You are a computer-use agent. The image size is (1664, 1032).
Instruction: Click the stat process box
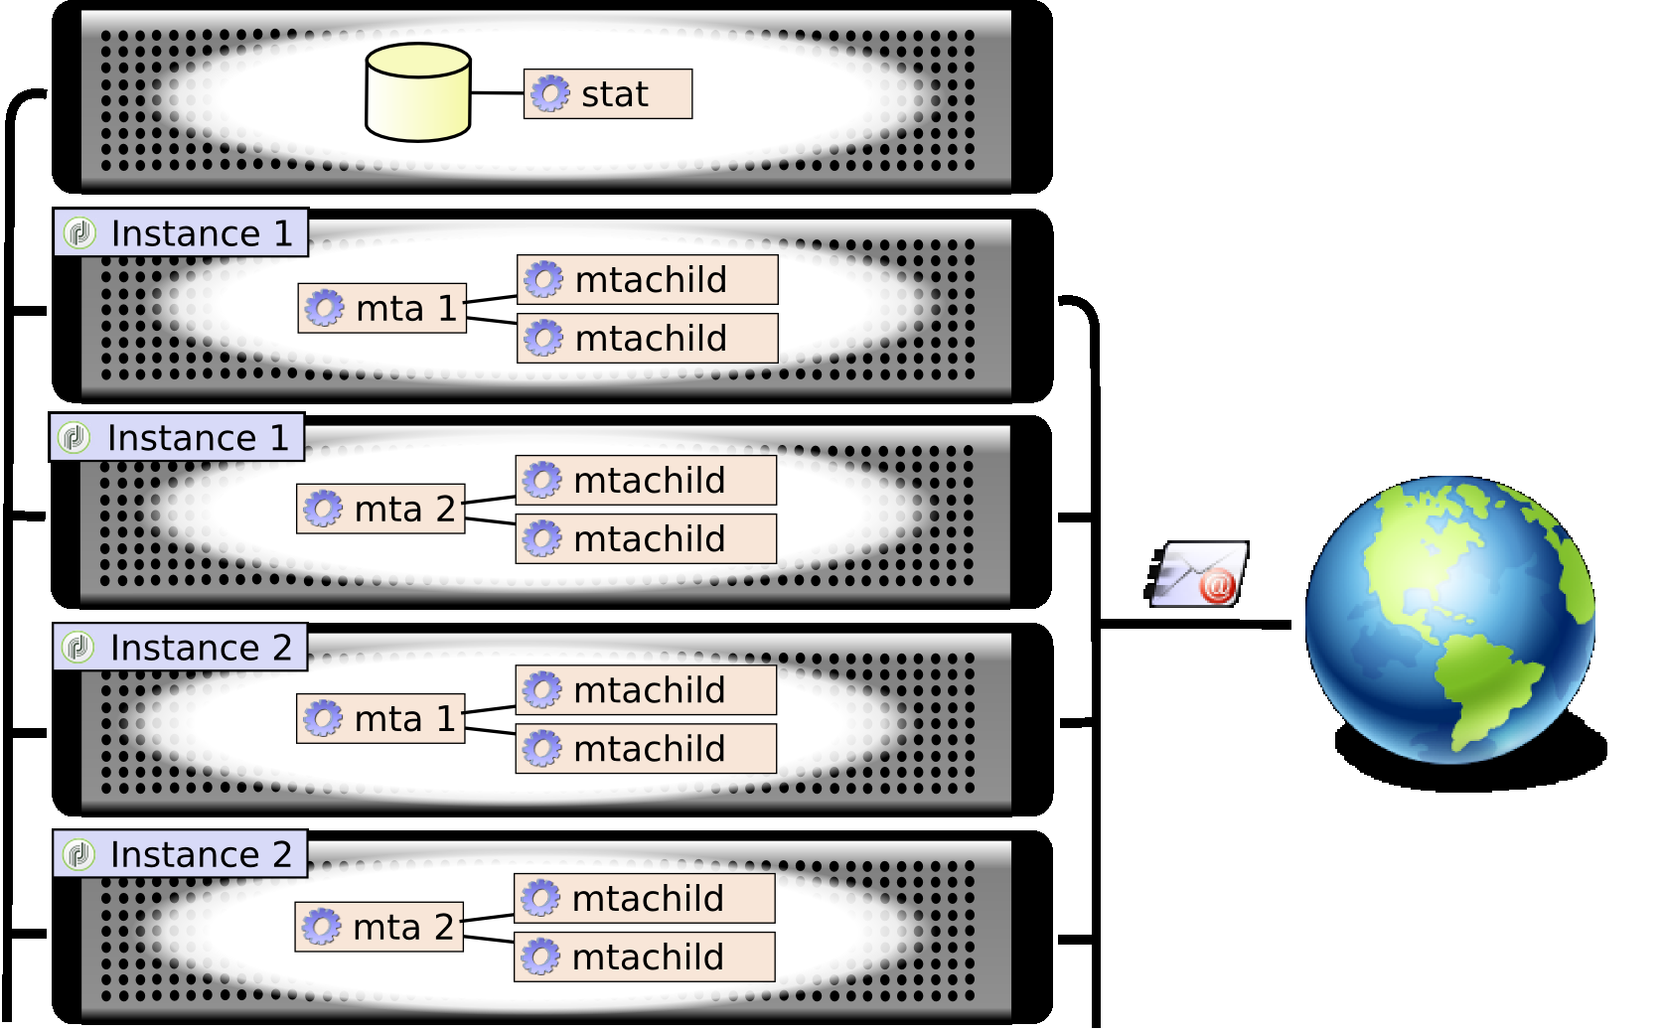608,94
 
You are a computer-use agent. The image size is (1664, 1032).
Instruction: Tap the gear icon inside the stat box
549,94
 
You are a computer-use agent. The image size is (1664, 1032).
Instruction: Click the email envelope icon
1196,574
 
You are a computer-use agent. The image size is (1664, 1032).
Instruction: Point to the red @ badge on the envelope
1217,586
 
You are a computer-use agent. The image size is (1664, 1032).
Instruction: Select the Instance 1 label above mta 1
181,233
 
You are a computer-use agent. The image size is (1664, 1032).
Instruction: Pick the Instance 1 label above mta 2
177,438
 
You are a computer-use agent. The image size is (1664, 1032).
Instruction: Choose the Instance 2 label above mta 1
180,648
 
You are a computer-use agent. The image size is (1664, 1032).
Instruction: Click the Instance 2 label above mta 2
180,854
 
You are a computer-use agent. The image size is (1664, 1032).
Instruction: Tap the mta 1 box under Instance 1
382,309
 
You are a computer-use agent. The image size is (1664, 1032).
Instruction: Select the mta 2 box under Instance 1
380,510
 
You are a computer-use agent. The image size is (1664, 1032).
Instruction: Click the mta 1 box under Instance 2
380,719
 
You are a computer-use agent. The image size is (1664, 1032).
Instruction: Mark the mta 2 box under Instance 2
378,928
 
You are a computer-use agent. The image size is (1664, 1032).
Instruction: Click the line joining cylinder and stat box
497,93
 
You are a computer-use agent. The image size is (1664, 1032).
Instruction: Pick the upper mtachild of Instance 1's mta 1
647,280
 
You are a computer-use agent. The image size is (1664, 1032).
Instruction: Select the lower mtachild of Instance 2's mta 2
644,958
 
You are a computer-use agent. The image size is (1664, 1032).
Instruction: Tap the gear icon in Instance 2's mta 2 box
322,928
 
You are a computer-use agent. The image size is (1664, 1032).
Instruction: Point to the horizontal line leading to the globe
1192,625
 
